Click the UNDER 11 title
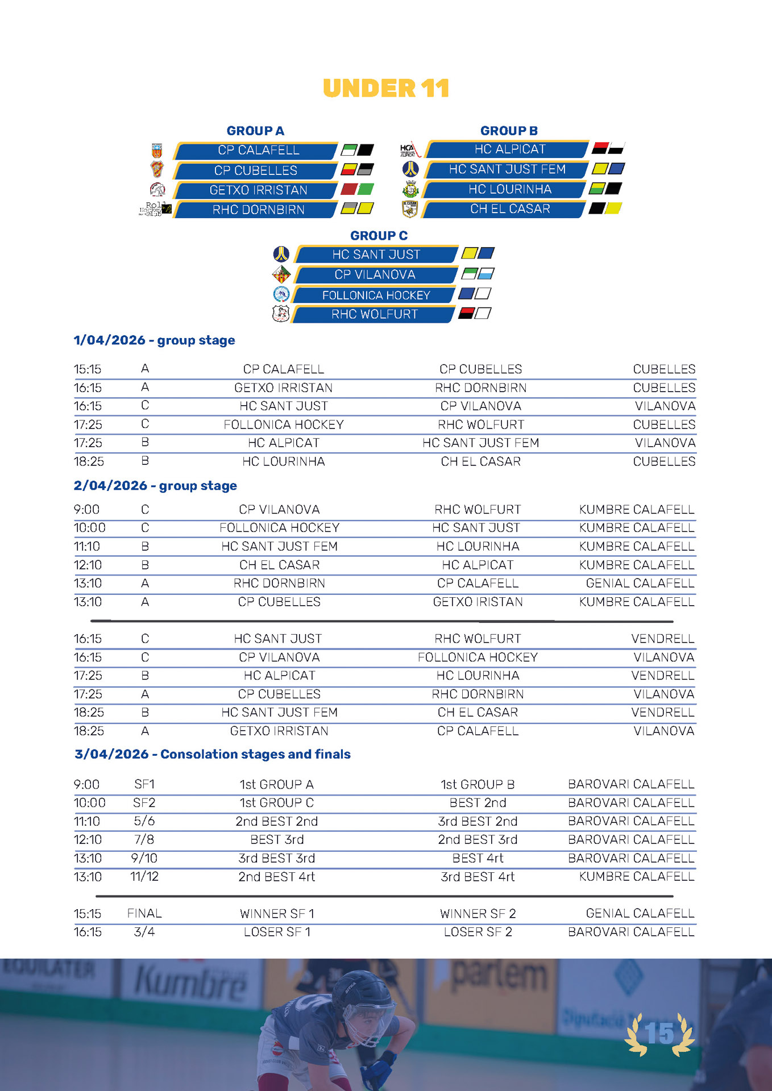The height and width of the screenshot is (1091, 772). (x=386, y=89)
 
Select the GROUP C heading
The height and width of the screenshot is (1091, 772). (x=379, y=235)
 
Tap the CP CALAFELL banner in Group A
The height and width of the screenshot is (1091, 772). (x=258, y=151)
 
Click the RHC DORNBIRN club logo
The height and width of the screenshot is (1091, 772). (x=156, y=209)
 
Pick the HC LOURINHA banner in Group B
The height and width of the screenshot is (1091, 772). (x=509, y=189)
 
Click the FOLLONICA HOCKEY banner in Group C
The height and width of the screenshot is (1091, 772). (x=376, y=295)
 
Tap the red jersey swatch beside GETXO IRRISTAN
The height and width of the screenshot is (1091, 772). (x=348, y=189)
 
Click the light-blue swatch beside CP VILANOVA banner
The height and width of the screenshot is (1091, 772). (x=485, y=274)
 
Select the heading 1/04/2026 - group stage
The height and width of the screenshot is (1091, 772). (x=154, y=340)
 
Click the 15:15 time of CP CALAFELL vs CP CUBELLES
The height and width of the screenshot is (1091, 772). (x=88, y=369)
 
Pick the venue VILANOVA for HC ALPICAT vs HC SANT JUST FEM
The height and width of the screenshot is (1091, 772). (x=665, y=443)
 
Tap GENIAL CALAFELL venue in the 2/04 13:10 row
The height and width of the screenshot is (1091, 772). (x=640, y=583)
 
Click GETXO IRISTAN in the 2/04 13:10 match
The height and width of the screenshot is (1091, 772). (x=478, y=602)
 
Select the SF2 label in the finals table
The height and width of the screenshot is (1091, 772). (x=144, y=803)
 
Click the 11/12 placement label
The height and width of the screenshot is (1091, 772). (x=144, y=877)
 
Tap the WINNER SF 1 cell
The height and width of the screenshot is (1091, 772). (x=277, y=914)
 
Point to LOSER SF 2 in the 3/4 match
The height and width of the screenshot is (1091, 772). (x=478, y=932)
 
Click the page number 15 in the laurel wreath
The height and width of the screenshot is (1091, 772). (x=659, y=1034)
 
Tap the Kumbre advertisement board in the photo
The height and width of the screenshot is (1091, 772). (x=191, y=982)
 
